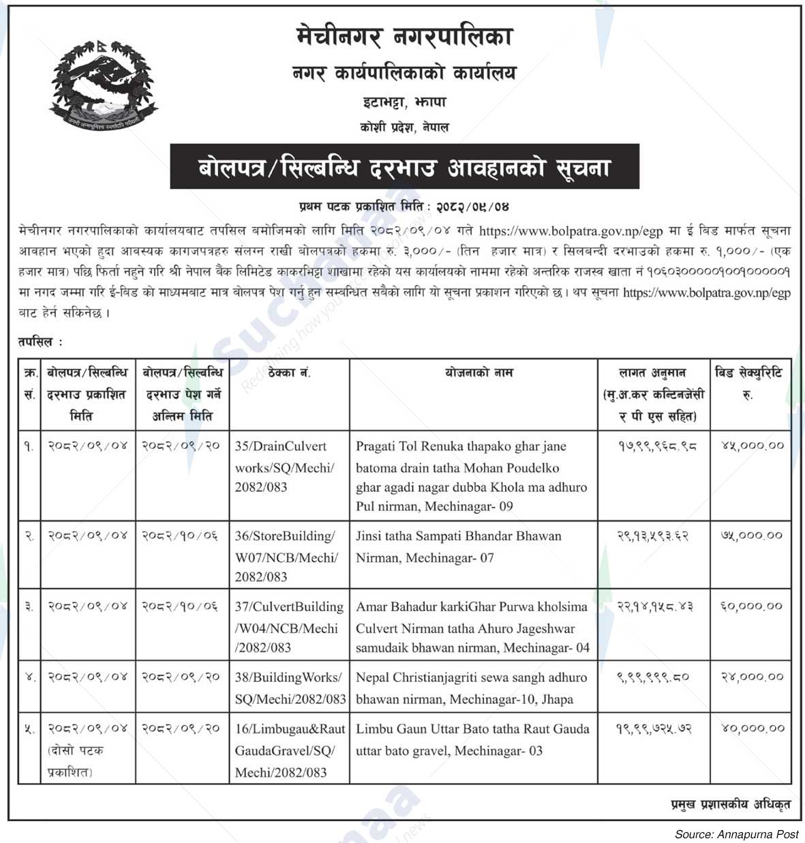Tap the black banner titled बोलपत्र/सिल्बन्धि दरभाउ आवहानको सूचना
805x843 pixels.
(404, 166)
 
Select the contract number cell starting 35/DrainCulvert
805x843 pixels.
(289, 467)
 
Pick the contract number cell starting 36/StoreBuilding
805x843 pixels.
(289, 556)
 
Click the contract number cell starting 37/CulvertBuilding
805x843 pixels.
(289, 627)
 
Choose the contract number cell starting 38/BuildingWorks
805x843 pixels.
(289, 687)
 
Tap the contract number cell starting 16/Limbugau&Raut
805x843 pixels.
(289, 750)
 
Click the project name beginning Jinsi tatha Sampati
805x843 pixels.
(458, 547)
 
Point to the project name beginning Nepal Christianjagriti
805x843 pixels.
(471, 687)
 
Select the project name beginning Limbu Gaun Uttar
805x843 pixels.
(472, 739)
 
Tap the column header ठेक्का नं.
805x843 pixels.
(289, 373)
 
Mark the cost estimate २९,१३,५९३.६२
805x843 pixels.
(653, 536)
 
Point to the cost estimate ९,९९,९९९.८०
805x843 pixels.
(653, 677)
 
